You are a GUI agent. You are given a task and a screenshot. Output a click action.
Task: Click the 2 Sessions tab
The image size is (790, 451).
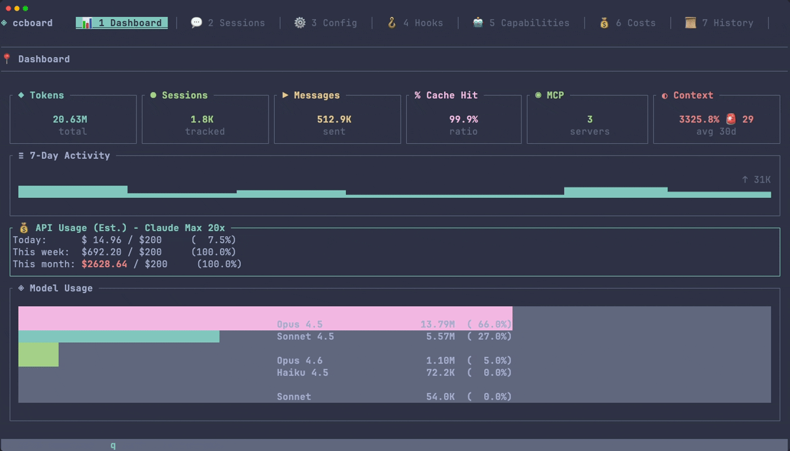(228, 23)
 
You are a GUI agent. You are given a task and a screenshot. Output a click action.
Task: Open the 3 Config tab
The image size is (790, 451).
(326, 23)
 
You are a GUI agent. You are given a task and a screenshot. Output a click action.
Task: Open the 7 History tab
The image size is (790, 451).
(719, 23)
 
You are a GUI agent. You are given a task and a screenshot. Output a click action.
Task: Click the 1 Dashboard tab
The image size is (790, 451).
(122, 23)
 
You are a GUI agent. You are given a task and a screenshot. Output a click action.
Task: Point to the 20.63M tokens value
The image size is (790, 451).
(70, 120)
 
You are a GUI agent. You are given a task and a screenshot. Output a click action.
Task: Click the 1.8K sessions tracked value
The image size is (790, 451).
(202, 120)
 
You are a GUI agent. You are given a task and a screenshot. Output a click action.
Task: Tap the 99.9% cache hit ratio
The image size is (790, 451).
(463, 120)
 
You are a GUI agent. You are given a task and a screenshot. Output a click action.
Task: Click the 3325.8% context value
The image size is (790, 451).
(699, 120)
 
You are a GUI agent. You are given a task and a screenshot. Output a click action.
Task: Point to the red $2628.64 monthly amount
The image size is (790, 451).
(104, 264)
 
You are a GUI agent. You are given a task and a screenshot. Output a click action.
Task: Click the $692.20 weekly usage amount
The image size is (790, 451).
(102, 252)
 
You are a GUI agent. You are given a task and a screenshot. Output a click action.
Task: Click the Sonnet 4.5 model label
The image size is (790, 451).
(305, 337)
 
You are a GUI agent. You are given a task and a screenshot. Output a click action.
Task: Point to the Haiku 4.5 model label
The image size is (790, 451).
(302, 373)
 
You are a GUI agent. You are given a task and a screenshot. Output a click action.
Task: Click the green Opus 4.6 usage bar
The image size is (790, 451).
(38, 355)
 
